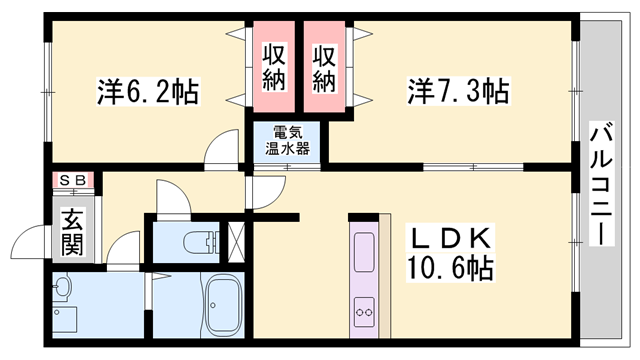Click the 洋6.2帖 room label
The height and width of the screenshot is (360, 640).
tap(147, 92)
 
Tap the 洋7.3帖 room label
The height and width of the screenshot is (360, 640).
tap(458, 92)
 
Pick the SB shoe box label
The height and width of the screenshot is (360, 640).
tap(73, 180)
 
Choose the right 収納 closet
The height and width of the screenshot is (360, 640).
tap(323, 68)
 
